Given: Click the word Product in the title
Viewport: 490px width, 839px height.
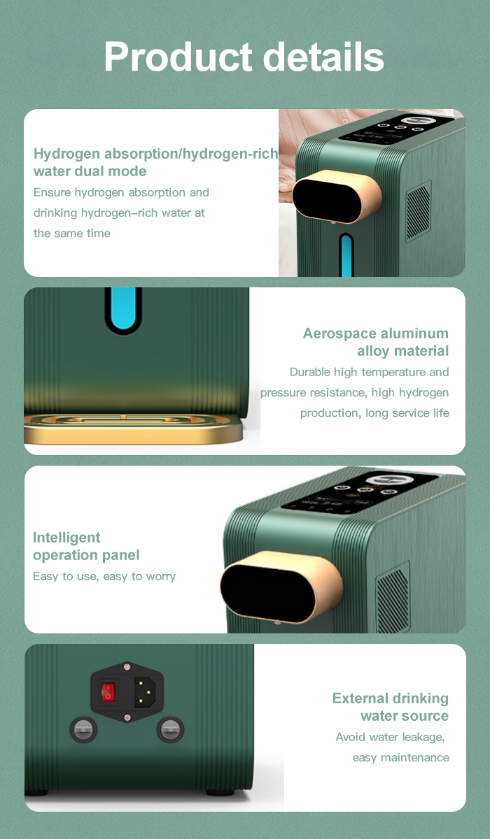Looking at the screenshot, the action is pos(178,57).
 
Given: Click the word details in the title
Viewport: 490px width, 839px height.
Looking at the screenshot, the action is pos(323,56).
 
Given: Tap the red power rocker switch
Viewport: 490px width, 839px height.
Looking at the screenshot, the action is pos(108,691).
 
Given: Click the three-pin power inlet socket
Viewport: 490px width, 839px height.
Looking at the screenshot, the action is pos(145,691).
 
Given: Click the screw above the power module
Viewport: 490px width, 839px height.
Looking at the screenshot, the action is pos(127,666).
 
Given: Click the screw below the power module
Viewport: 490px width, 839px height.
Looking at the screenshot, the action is pos(127,717).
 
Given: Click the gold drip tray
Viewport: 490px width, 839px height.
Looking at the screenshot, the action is pos(133,429).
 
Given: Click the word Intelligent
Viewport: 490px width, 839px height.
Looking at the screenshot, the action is pos(66,538).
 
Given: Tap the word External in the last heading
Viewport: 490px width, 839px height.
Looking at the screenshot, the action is pos(360,698).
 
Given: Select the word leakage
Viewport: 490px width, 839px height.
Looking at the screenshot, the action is pos(423,737).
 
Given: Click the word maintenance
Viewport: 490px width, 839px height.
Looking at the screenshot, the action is pos(414,757).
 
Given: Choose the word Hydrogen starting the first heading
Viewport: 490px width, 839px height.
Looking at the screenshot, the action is pos(66,154).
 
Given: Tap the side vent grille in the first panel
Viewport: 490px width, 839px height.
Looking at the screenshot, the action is pos(419,211).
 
